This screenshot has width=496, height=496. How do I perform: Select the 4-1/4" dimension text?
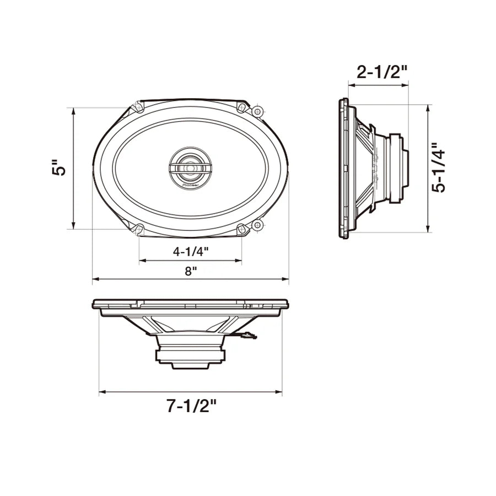pyautogui.click(x=191, y=252)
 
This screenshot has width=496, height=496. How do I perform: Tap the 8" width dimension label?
pyautogui.click(x=191, y=271)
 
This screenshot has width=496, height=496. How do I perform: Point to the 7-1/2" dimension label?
pyautogui.click(x=191, y=406)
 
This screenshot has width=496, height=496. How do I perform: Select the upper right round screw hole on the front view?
pyautogui.click(x=257, y=111)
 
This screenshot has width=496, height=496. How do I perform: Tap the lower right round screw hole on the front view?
pyautogui.click(x=257, y=224)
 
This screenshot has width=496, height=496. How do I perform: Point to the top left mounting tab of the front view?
pyautogui.click(x=138, y=106)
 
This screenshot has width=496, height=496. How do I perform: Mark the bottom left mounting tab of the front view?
pyautogui.click(x=138, y=228)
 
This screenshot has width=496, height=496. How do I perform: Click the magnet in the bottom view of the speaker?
pyautogui.click(x=191, y=353)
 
